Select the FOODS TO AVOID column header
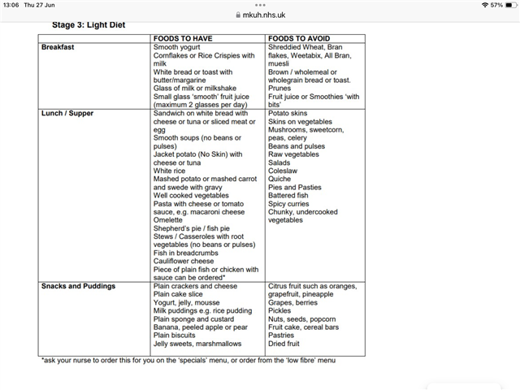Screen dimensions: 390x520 click(301, 38)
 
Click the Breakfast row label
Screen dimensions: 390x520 click(58, 47)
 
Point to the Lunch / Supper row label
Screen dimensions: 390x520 click(69, 113)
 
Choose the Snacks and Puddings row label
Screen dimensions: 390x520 click(78, 286)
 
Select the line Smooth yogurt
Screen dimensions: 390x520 click(177, 47)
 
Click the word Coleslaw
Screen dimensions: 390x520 click(284, 171)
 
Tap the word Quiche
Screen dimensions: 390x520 click(281, 179)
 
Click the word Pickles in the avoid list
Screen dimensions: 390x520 click(281, 310)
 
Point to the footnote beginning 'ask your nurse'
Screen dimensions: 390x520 click(188, 359)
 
